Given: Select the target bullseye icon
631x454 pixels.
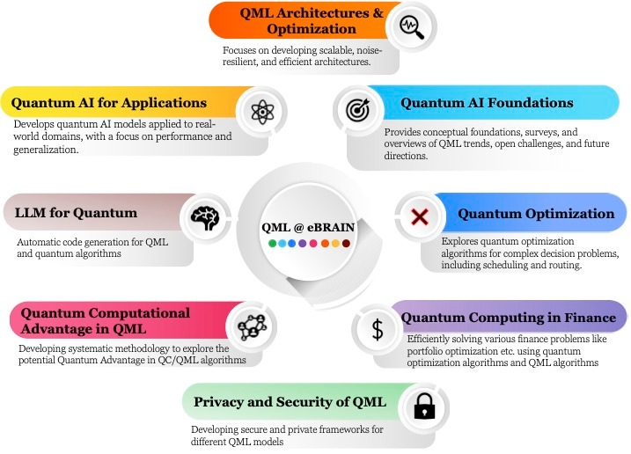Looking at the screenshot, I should point(357,110).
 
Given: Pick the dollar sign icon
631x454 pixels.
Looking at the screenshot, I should point(378,328).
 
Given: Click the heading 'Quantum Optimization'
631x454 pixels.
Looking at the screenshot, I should point(535,213).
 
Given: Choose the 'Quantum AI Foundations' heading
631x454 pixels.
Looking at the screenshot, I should point(487,103).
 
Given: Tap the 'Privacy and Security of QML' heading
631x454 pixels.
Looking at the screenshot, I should point(290,402).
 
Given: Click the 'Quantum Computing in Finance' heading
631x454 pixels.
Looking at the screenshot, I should point(510,318).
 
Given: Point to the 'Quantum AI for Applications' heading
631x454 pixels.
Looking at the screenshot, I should point(110,103).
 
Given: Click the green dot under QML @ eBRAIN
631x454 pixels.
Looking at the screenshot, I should point(273,242).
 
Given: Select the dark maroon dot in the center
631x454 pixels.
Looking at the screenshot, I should point(348,242).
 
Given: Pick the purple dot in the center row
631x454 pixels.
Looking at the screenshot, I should point(303,242).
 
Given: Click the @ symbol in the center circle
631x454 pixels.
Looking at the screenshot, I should point(298,227).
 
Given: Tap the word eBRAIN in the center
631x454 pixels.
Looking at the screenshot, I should point(331,227).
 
